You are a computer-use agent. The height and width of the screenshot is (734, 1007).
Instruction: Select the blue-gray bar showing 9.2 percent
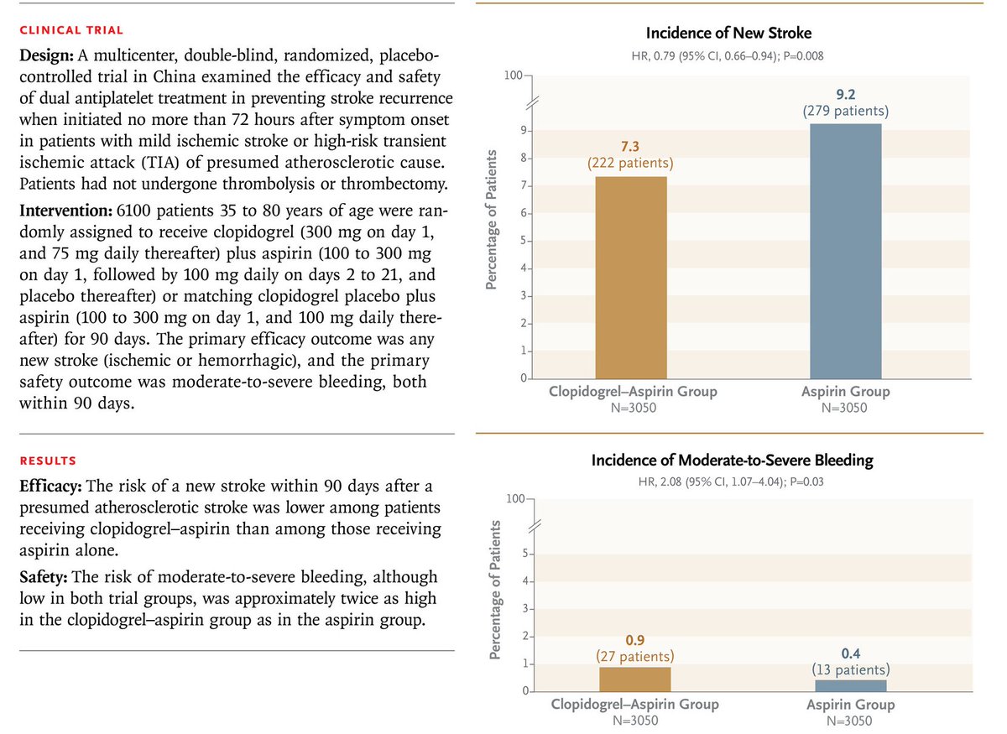[x=846, y=252]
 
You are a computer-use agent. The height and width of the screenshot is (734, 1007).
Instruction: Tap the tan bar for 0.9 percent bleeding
[x=634, y=679]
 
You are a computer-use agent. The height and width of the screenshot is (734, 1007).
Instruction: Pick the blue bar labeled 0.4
[x=850, y=685]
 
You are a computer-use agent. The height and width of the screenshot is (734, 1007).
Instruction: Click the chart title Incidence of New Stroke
[x=728, y=33]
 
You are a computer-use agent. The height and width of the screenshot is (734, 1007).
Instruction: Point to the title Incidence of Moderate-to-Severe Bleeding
[x=732, y=461]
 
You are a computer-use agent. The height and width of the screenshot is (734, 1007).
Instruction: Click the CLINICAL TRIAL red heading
[x=71, y=30]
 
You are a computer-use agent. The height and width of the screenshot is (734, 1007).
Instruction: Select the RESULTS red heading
[x=48, y=461]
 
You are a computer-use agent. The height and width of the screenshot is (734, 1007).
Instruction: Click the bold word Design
[x=43, y=55]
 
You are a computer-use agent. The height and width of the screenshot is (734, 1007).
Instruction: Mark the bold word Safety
[x=43, y=577]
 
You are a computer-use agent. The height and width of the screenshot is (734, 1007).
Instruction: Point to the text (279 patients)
[x=847, y=111]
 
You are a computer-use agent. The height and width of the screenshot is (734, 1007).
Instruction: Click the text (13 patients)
[x=850, y=670]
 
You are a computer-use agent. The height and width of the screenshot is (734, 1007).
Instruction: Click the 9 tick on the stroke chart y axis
[x=522, y=131]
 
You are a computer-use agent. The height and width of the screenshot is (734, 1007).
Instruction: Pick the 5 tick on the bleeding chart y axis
[x=522, y=554]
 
